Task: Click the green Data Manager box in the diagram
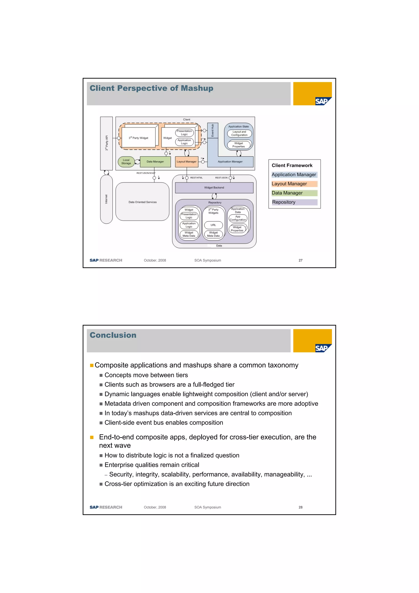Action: tap(155, 162)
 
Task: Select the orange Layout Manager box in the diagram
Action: tap(186, 162)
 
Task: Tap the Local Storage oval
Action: tap(126, 162)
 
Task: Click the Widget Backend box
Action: tap(214, 188)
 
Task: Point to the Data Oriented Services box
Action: tap(143, 202)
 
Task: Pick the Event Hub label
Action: tap(213, 130)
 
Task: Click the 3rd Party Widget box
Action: tap(139, 138)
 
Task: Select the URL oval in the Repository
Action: tap(213, 225)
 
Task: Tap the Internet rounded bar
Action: tap(106, 199)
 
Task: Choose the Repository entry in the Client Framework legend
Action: tap(284, 202)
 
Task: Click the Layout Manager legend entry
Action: tap(289, 184)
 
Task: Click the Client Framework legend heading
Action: tap(292, 166)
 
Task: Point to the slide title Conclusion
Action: tap(113, 335)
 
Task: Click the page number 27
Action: tap(301, 260)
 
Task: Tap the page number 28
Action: tap(301, 507)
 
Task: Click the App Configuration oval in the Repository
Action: tap(238, 218)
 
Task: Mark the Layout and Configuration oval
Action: tap(239, 133)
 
